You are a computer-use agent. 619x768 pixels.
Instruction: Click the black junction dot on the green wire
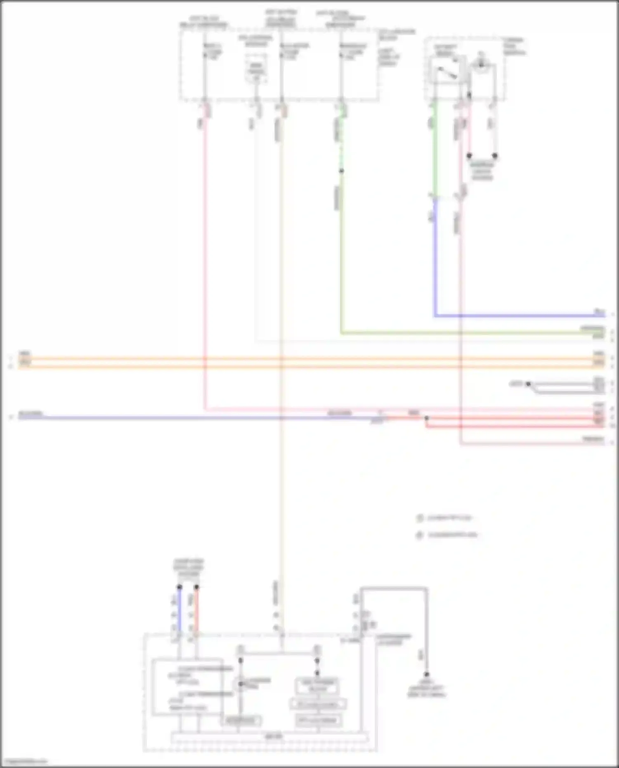click(341, 171)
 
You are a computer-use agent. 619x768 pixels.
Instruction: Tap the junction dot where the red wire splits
click(427, 418)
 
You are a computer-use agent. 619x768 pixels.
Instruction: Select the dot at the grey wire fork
click(528, 384)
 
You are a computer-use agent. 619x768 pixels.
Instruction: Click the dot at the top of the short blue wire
click(180, 587)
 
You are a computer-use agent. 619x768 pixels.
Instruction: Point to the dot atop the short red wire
click(196, 587)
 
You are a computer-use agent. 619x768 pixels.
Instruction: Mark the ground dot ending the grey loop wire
click(427, 674)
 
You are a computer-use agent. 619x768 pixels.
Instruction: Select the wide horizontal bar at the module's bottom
click(270, 737)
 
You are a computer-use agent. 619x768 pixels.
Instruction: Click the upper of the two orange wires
click(305, 359)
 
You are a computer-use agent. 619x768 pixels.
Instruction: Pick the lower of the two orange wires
click(305, 366)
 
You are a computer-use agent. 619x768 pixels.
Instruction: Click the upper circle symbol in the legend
click(420, 518)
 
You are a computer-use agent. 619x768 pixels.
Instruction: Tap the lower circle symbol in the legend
click(420, 535)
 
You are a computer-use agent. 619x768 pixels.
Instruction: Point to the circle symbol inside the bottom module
click(241, 685)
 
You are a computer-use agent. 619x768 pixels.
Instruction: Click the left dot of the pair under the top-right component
click(469, 156)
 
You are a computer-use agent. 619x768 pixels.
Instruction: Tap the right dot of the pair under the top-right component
click(495, 156)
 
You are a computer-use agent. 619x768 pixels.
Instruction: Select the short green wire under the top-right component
click(434, 149)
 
